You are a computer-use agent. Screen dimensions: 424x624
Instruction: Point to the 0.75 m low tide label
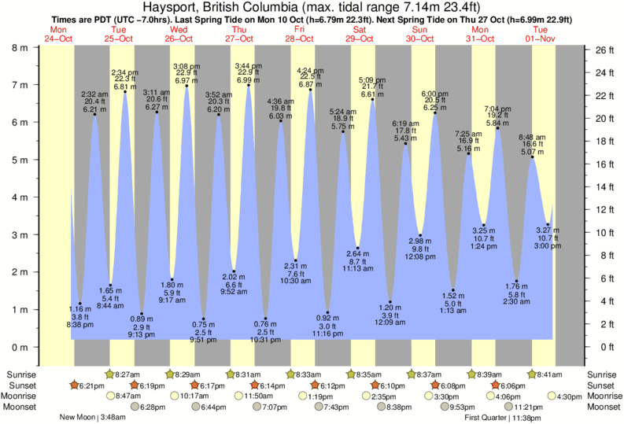[205, 332]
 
